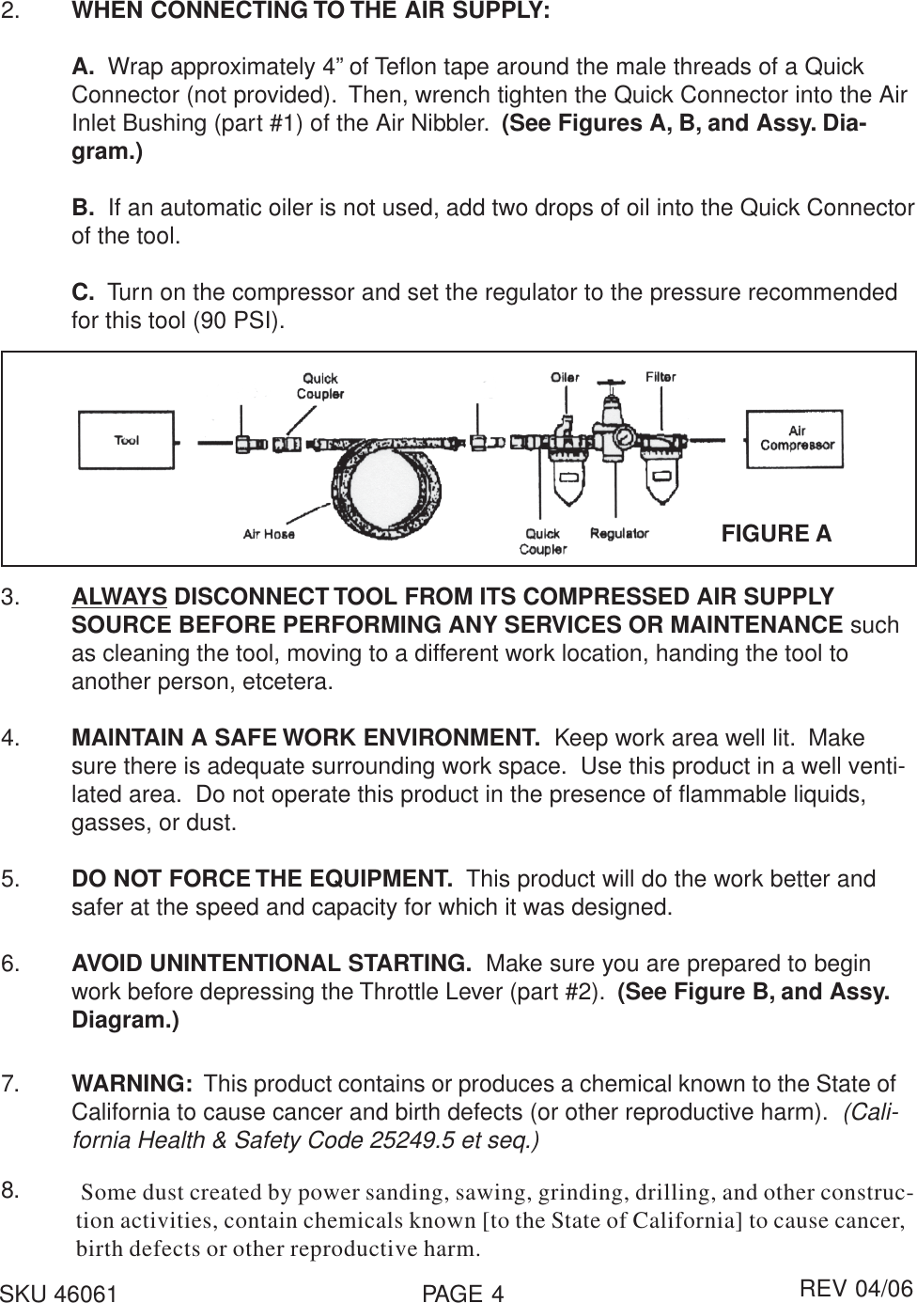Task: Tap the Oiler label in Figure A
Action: tap(565, 377)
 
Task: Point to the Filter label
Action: tap(661, 376)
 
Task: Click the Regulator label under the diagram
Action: tap(619, 533)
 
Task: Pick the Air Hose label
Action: tap(269, 534)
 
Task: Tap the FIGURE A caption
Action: tap(776, 534)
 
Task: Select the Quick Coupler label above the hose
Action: tap(320, 386)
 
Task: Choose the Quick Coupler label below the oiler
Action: tap(542, 542)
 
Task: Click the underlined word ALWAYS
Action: tap(120, 597)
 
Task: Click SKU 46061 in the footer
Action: tap(59, 1294)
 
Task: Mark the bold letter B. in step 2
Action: tap(83, 207)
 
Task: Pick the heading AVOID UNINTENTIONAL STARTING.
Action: tap(272, 964)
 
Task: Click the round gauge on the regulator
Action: tap(622, 439)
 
